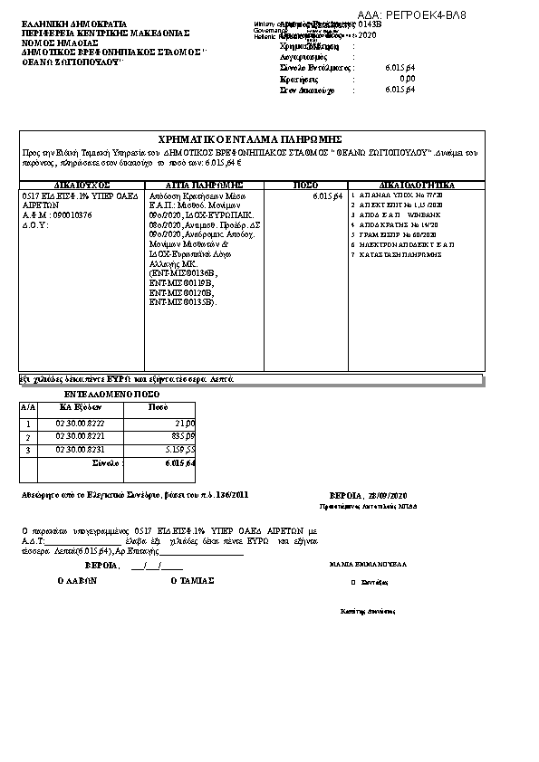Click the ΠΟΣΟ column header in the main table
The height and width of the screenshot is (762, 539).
[x=307, y=185]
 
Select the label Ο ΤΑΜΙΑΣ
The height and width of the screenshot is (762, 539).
[x=192, y=581]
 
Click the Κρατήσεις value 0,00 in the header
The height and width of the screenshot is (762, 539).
[x=408, y=79]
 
